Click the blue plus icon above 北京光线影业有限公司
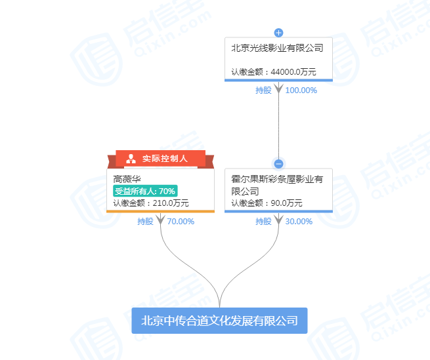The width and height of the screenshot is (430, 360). click(278, 32)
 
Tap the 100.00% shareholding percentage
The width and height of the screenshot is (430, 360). click(301, 90)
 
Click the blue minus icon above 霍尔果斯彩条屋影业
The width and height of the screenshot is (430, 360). click(278, 164)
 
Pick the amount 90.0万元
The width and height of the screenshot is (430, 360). click(285, 203)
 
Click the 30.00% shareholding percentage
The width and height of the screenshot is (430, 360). click(299, 222)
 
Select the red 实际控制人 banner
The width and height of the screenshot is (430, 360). click(160, 159)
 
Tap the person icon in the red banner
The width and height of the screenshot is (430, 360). click(131, 159)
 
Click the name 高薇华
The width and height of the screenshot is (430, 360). click(127, 178)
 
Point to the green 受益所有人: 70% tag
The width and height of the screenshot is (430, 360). click(145, 191)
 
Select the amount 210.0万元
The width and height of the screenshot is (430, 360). click(167, 203)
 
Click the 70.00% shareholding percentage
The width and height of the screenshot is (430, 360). click(181, 222)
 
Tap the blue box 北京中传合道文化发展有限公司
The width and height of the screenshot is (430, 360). click(219, 321)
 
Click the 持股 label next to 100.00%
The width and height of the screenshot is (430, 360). click(263, 90)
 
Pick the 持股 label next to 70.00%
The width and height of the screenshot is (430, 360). click(145, 222)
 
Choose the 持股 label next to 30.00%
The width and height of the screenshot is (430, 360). click(263, 222)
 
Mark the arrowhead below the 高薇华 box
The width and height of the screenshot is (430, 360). click(160, 218)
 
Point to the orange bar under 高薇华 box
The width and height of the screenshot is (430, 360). click(160, 211)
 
